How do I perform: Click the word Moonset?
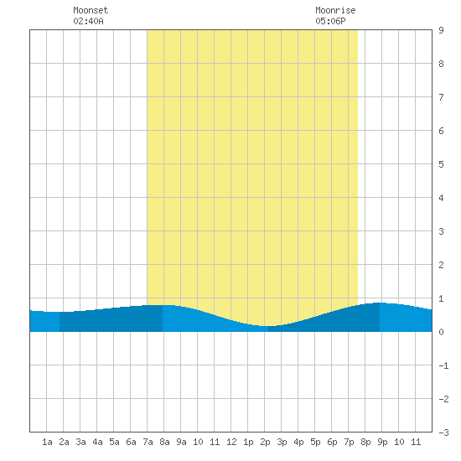click(x=91, y=10)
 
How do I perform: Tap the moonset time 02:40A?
click(x=88, y=21)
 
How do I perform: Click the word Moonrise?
click(x=335, y=10)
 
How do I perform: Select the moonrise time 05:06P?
click(x=330, y=21)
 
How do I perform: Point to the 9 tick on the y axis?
click(x=441, y=30)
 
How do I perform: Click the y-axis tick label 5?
click(x=441, y=164)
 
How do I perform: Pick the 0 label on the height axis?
click(x=441, y=332)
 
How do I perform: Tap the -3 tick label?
click(x=443, y=433)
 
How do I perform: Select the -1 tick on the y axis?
click(x=443, y=365)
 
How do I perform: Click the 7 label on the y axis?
click(x=441, y=97)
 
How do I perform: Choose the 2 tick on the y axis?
click(x=441, y=265)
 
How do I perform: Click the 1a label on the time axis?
click(x=47, y=442)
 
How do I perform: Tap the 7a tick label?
click(x=148, y=442)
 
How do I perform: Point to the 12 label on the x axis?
click(x=231, y=442)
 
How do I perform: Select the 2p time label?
click(x=265, y=442)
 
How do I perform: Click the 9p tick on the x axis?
click(x=382, y=442)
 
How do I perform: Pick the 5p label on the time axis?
click(x=315, y=442)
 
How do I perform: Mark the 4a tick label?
click(x=97, y=442)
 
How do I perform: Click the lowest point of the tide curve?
click(x=267, y=326)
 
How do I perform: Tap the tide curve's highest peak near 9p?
click(x=379, y=303)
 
